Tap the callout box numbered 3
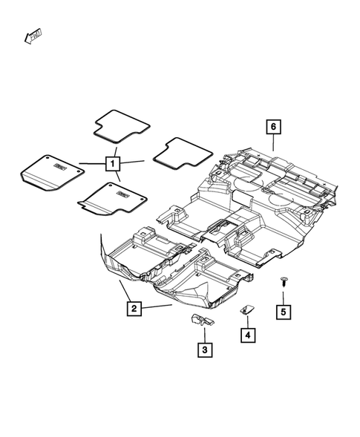point(203,349)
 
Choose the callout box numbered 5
point(284,312)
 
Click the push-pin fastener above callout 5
point(284,281)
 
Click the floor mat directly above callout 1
point(120,125)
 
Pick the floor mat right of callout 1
point(177,154)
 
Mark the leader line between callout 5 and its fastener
point(284,295)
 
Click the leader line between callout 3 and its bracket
point(203,334)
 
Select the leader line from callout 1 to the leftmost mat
point(92,163)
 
